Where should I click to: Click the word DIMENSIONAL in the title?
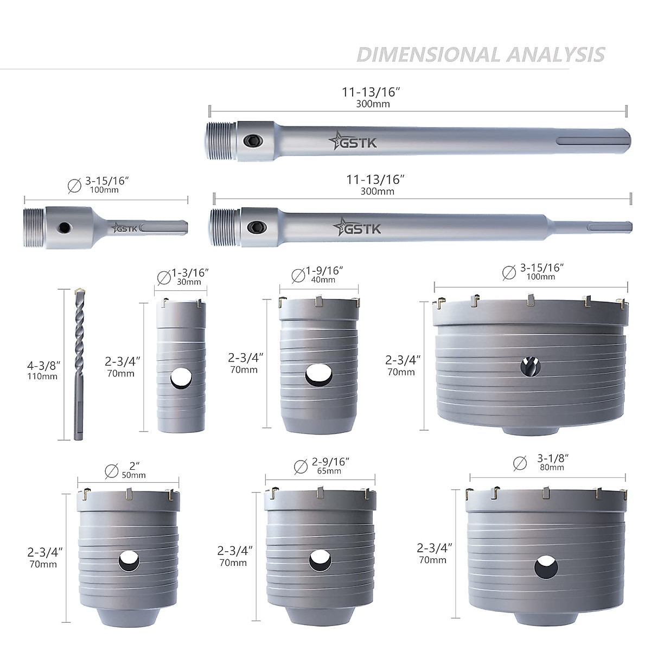click(x=429, y=55)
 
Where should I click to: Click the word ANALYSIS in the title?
click(x=556, y=55)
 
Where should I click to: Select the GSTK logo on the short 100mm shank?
click(x=124, y=228)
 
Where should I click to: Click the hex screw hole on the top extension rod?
click(x=252, y=141)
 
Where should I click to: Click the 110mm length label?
click(x=42, y=376)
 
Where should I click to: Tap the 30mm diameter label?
click(x=189, y=282)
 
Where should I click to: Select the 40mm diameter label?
click(x=323, y=280)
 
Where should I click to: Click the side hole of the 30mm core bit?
click(x=181, y=379)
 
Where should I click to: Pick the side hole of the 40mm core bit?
click(x=319, y=375)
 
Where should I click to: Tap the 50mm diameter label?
click(x=133, y=475)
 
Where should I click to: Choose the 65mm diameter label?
click(x=329, y=471)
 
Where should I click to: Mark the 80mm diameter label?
click(x=552, y=468)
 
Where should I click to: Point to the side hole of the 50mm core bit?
click(x=129, y=561)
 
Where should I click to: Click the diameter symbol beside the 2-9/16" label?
click(x=301, y=467)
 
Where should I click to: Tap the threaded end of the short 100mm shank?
click(x=35, y=227)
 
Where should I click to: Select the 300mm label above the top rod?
click(x=373, y=104)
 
